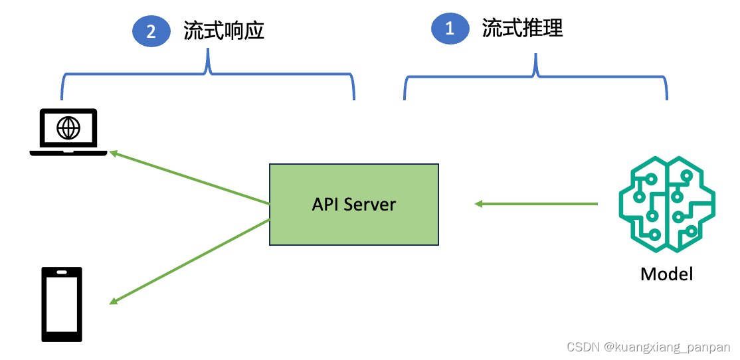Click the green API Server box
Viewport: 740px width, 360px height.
353,204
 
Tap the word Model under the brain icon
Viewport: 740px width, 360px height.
666,274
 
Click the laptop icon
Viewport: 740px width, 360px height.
68,132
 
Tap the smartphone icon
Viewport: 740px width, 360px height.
62,304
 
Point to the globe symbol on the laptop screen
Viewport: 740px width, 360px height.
68,128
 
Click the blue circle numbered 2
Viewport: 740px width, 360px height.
151,32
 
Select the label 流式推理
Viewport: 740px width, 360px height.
522,29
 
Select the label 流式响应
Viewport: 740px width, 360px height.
224,32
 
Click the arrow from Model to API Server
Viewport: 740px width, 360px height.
535,204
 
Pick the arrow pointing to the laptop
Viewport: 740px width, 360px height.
189,177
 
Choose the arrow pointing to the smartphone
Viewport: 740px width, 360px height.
189,262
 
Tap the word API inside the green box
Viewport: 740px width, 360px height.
325,204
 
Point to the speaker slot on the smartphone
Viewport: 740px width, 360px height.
62,272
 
